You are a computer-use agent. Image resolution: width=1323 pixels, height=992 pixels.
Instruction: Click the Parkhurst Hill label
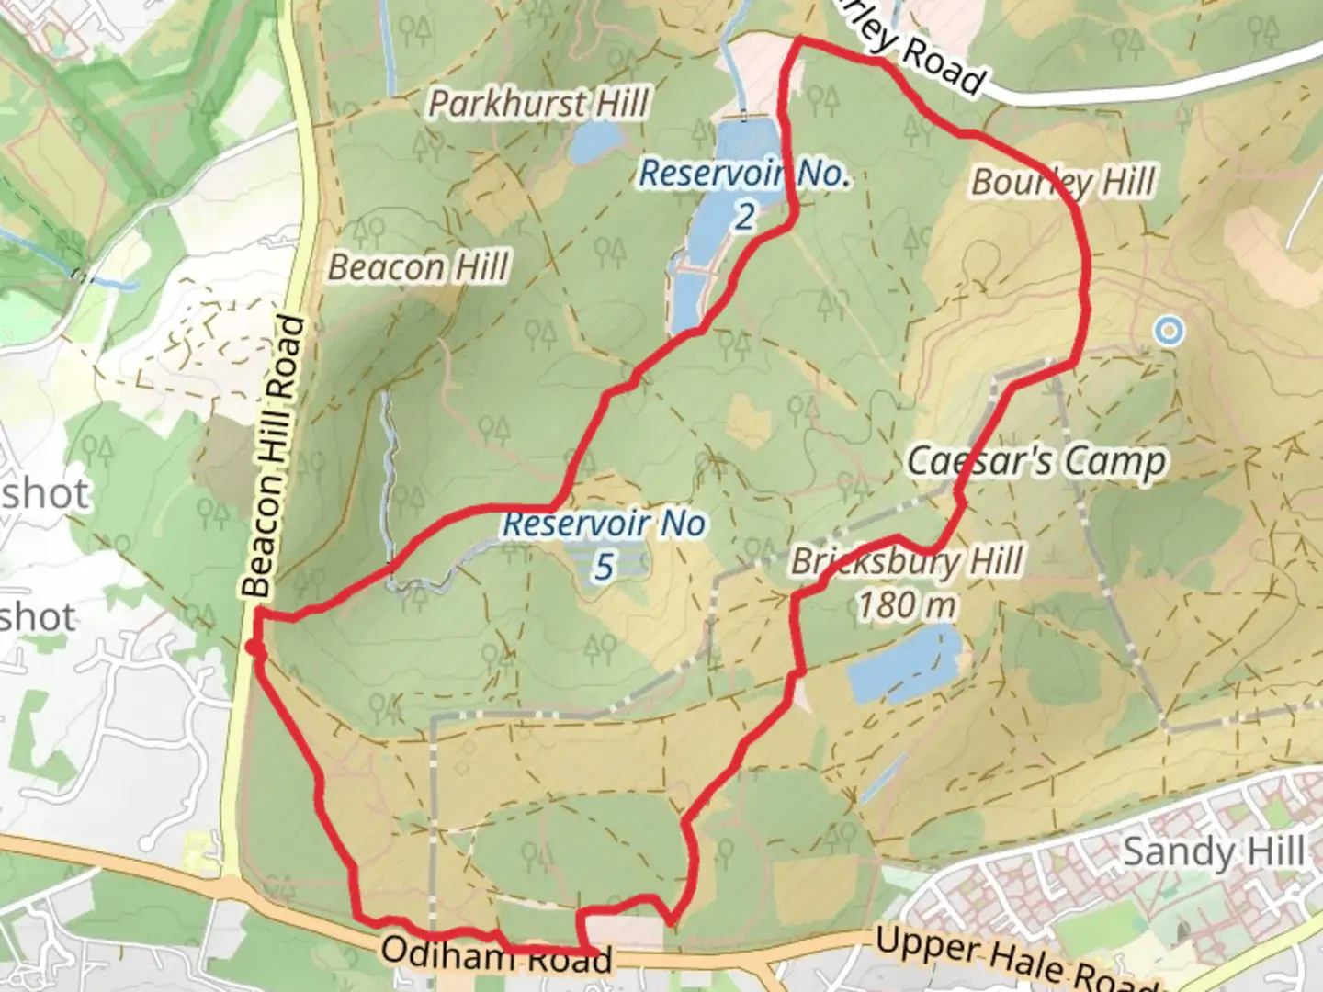[539, 103]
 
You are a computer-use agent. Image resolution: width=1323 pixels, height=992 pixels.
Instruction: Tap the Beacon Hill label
[418, 267]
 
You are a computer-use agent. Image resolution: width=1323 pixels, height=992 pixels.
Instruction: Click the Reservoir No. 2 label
[744, 174]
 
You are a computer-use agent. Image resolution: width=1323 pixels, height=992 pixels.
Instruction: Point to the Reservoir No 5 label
[605, 525]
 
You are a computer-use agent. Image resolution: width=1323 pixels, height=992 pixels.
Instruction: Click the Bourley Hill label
[1063, 182]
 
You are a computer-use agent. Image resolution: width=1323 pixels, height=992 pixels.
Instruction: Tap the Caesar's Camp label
[1036, 461]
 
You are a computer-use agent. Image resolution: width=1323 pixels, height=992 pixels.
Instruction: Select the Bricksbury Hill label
[907, 561]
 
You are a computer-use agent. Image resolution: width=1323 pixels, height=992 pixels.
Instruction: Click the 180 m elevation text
[907, 605]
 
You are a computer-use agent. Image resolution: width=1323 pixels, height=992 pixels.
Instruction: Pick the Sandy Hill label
[1213, 852]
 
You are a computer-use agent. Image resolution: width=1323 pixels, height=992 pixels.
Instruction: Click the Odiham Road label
[496, 955]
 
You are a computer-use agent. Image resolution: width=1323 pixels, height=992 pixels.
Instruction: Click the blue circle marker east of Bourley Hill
[1168, 330]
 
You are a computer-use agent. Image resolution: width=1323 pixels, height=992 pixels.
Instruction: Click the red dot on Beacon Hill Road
[254, 648]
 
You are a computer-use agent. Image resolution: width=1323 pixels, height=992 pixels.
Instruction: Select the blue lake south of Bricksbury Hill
[904, 663]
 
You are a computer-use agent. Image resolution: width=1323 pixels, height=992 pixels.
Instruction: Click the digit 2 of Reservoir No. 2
[744, 217]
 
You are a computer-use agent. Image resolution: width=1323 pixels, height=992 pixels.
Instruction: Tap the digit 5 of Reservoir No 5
[603, 568]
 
